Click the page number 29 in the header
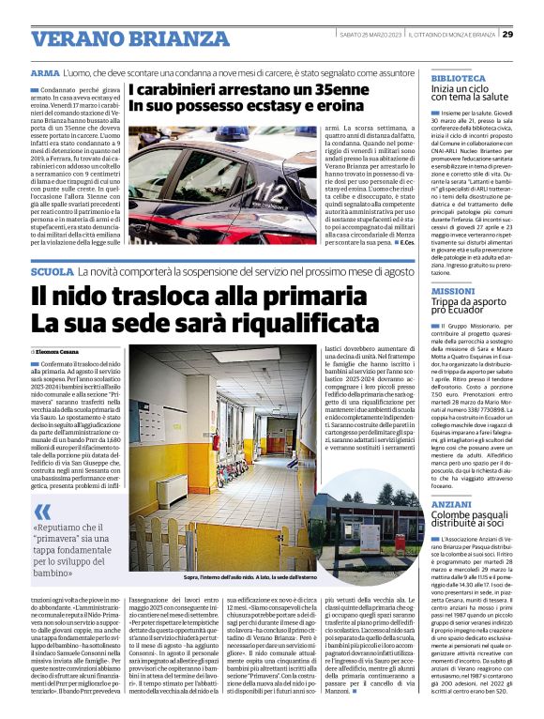(507, 34)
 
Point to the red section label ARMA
(45, 72)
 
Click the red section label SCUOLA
(52, 270)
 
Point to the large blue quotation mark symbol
(42, 511)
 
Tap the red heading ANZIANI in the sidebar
(451, 504)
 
